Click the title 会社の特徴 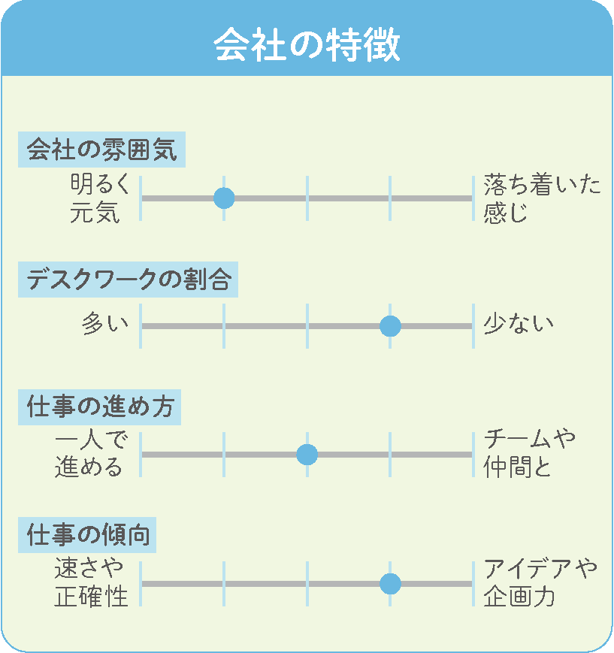[307, 44]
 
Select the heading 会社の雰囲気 [102, 150]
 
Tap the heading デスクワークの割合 [129, 279]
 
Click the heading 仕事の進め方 [100, 407]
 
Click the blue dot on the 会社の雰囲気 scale [224, 198]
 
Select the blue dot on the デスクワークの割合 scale [390, 326]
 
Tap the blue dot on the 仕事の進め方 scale [307, 455]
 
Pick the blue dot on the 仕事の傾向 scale [390, 583]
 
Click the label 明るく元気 [100, 198]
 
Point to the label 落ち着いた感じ [542, 198]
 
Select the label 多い [105, 324]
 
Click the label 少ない [519, 324]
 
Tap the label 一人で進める [91, 454]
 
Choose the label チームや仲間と [529, 454]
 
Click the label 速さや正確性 [91, 582]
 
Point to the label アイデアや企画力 [540, 582]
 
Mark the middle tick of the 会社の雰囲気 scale [307, 198]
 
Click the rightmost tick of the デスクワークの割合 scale [473, 326]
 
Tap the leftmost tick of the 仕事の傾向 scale [141, 583]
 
